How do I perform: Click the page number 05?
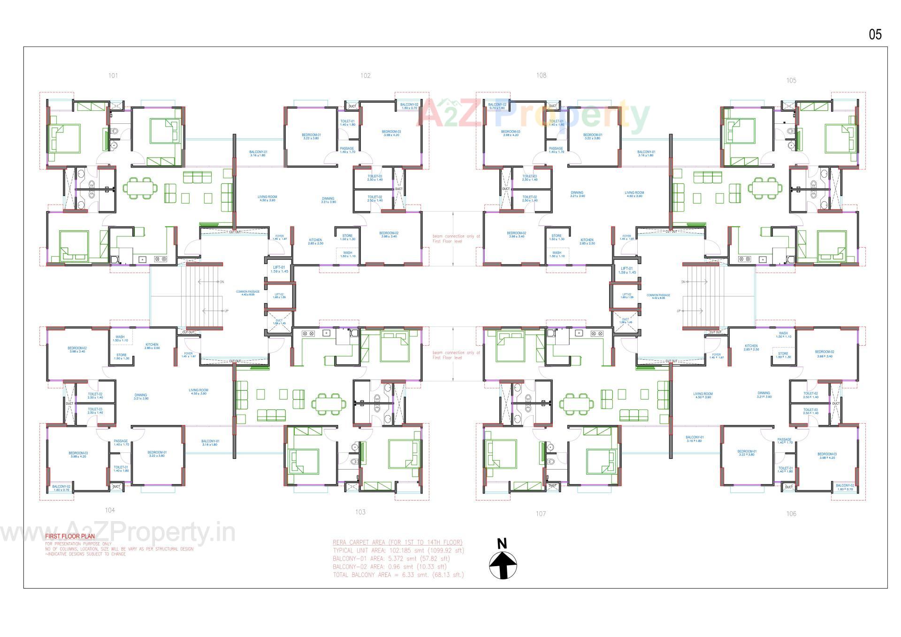(x=875, y=34)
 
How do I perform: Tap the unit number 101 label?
(x=113, y=76)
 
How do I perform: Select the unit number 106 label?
(x=791, y=514)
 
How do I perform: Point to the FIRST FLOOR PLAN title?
(x=70, y=536)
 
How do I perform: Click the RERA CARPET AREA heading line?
(x=397, y=542)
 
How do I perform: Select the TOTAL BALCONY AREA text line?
(x=398, y=575)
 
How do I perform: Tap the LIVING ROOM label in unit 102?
(x=267, y=198)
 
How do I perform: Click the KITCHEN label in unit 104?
(x=152, y=346)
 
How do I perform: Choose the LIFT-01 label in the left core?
(x=279, y=270)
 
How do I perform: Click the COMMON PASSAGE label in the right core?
(x=658, y=296)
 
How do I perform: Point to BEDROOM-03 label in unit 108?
(x=511, y=133)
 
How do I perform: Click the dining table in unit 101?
(x=140, y=188)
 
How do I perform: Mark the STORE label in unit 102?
(x=347, y=237)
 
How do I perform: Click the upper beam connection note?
(x=456, y=239)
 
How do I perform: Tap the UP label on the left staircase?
(x=226, y=311)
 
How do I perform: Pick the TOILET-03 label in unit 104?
(x=95, y=410)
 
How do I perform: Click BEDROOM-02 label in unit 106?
(x=824, y=354)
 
